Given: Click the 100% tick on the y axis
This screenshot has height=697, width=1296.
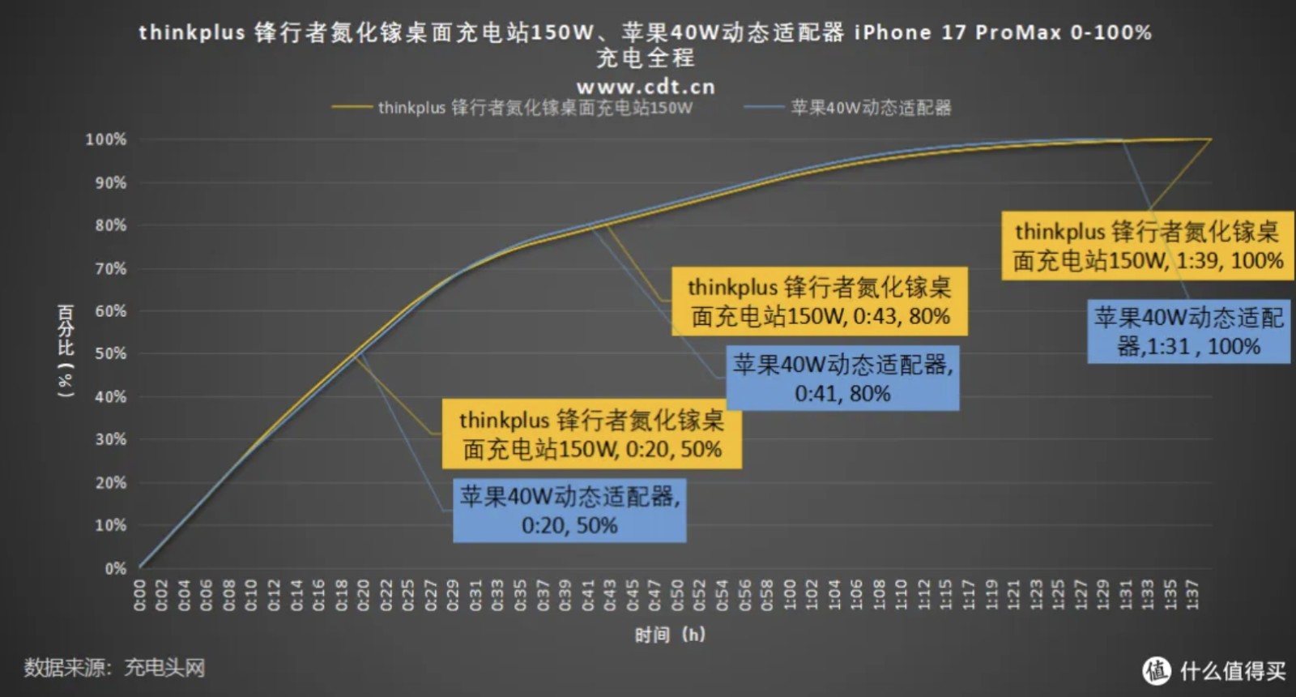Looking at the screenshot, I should click(106, 139).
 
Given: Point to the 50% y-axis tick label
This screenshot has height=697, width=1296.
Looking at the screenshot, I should click(110, 354).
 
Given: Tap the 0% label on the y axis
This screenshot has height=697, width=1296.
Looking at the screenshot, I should click(115, 568).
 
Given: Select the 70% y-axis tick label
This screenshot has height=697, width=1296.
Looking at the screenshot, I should click(110, 268).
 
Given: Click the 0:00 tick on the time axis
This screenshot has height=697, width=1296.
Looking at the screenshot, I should click(139, 595).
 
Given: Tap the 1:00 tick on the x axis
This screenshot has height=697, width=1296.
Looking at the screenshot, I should click(790, 595).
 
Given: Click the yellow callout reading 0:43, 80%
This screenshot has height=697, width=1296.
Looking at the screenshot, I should click(819, 301).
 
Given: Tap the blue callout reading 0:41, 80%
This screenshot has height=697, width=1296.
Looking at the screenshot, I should click(842, 378).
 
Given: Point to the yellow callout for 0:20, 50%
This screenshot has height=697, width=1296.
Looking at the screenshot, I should click(591, 434).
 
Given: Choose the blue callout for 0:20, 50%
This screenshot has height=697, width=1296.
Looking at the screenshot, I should click(569, 511).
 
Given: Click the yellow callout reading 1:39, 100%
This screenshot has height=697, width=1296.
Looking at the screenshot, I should click(1147, 246).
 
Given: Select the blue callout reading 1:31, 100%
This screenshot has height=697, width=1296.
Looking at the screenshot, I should click(1188, 331).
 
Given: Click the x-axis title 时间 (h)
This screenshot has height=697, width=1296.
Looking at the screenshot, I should click(670, 635).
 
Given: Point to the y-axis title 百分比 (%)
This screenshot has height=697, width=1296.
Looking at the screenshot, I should click(66, 350).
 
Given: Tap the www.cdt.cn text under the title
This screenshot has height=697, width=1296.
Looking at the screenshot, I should click(646, 86).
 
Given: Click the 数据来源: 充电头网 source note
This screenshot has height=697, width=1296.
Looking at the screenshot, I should click(114, 668).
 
